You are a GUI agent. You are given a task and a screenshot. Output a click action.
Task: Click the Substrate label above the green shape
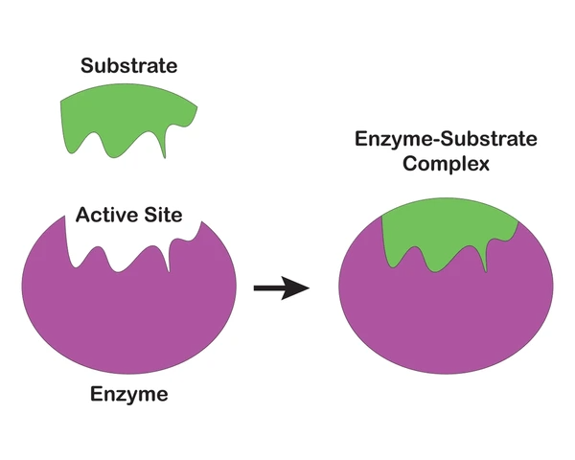tap(130, 67)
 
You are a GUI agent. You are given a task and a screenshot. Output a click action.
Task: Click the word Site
tap(162, 214)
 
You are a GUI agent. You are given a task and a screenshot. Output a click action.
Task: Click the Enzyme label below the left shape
tap(128, 393)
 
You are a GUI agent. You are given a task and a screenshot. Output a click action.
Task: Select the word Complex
tap(446, 164)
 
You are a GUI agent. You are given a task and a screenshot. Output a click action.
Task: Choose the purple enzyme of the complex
tap(446, 316)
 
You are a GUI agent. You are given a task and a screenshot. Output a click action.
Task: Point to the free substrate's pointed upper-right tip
tap(196, 103)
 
